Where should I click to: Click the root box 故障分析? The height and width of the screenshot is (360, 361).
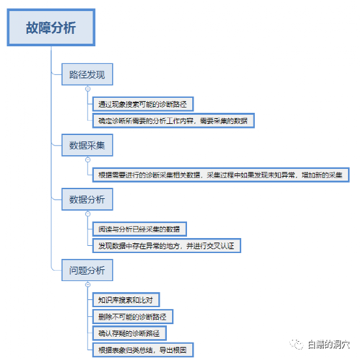pyautogui.click(x=51, y=27)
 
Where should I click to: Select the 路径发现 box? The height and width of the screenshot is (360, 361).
pyautogui.click(x=87, y=74)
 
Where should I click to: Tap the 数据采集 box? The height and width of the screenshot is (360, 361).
pyautogui.click(x=87, y=145)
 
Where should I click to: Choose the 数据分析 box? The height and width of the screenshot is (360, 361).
pyautogui.click(x=87, y=200)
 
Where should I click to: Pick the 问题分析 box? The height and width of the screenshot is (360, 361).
pyautogui.click(x=87, y=270)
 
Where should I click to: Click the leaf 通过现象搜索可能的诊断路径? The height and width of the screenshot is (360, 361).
pyautogui.click(x=143, y=104)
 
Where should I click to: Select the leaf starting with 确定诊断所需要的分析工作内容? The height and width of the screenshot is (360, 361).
pyautogui.click(x=173, y=121)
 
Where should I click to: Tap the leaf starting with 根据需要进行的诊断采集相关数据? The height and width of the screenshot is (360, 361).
pyautogui.click(x=221, y=175)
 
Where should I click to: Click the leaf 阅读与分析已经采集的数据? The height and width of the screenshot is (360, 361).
pyautogui.click(x=139, y=229)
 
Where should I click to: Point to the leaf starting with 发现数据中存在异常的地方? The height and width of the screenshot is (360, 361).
pyautogui.click(x=166, y=246)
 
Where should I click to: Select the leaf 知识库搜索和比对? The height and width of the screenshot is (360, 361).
pyautogui.click(x=126, y=300)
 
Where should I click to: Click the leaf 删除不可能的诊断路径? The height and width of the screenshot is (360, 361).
pyautogui.click(x=133, y=317)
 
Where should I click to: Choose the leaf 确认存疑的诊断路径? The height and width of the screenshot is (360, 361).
pyautogui.click(x=129, y=333)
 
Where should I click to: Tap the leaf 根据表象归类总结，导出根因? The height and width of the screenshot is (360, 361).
pyautogui.click(x=143, y=350)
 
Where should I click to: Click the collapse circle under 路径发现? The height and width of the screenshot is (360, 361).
pyautogui.click(x=88, y=89)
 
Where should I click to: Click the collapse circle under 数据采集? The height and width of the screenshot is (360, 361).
pyautogui.click(x=88, y=160)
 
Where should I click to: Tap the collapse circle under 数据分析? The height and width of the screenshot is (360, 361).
pyautogui.click(x=88, y=214)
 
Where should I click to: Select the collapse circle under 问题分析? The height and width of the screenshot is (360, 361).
pyautogui.click(x=88, y=284)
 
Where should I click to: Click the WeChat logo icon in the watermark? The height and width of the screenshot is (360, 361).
pyautogui.click(x=296, y=344)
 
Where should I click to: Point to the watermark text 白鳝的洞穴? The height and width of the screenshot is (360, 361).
pyautogui.click(x=329, y=344)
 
